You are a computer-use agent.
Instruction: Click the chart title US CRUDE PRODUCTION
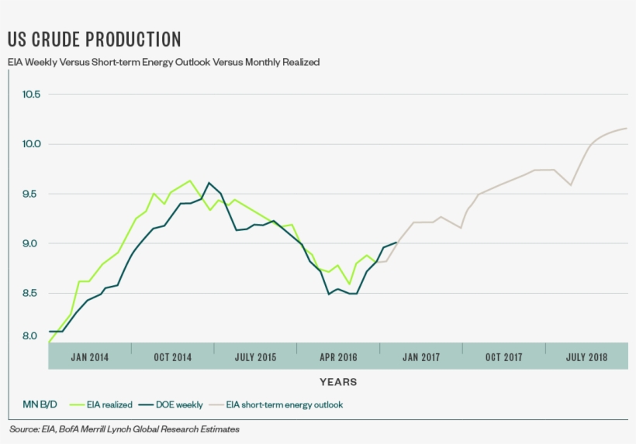[94, 40]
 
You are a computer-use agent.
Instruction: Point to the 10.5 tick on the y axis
[31, 95]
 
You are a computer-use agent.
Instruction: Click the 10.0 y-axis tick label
[31, 144]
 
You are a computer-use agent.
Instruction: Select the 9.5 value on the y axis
[31, 194]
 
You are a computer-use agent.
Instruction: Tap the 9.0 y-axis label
[31, 243]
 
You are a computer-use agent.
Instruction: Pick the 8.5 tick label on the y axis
[31, 293]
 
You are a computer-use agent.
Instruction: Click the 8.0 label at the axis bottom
[31, 336]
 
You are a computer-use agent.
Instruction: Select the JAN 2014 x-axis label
[89, 357]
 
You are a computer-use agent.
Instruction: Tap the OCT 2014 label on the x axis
[172, 357]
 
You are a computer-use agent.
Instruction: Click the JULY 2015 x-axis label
[255, 357]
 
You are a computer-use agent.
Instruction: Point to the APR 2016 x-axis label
[338, 357]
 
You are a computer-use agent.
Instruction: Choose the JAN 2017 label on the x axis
[421, 357]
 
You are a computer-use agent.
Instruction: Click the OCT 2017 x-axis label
[503, 357]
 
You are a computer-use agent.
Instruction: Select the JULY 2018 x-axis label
[586, 357]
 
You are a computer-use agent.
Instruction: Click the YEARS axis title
[338, 382]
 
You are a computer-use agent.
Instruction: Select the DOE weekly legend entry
[178, 404]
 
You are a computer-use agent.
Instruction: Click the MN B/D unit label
[33, 404]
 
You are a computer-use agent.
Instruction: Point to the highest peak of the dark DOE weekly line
[209, 183]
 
